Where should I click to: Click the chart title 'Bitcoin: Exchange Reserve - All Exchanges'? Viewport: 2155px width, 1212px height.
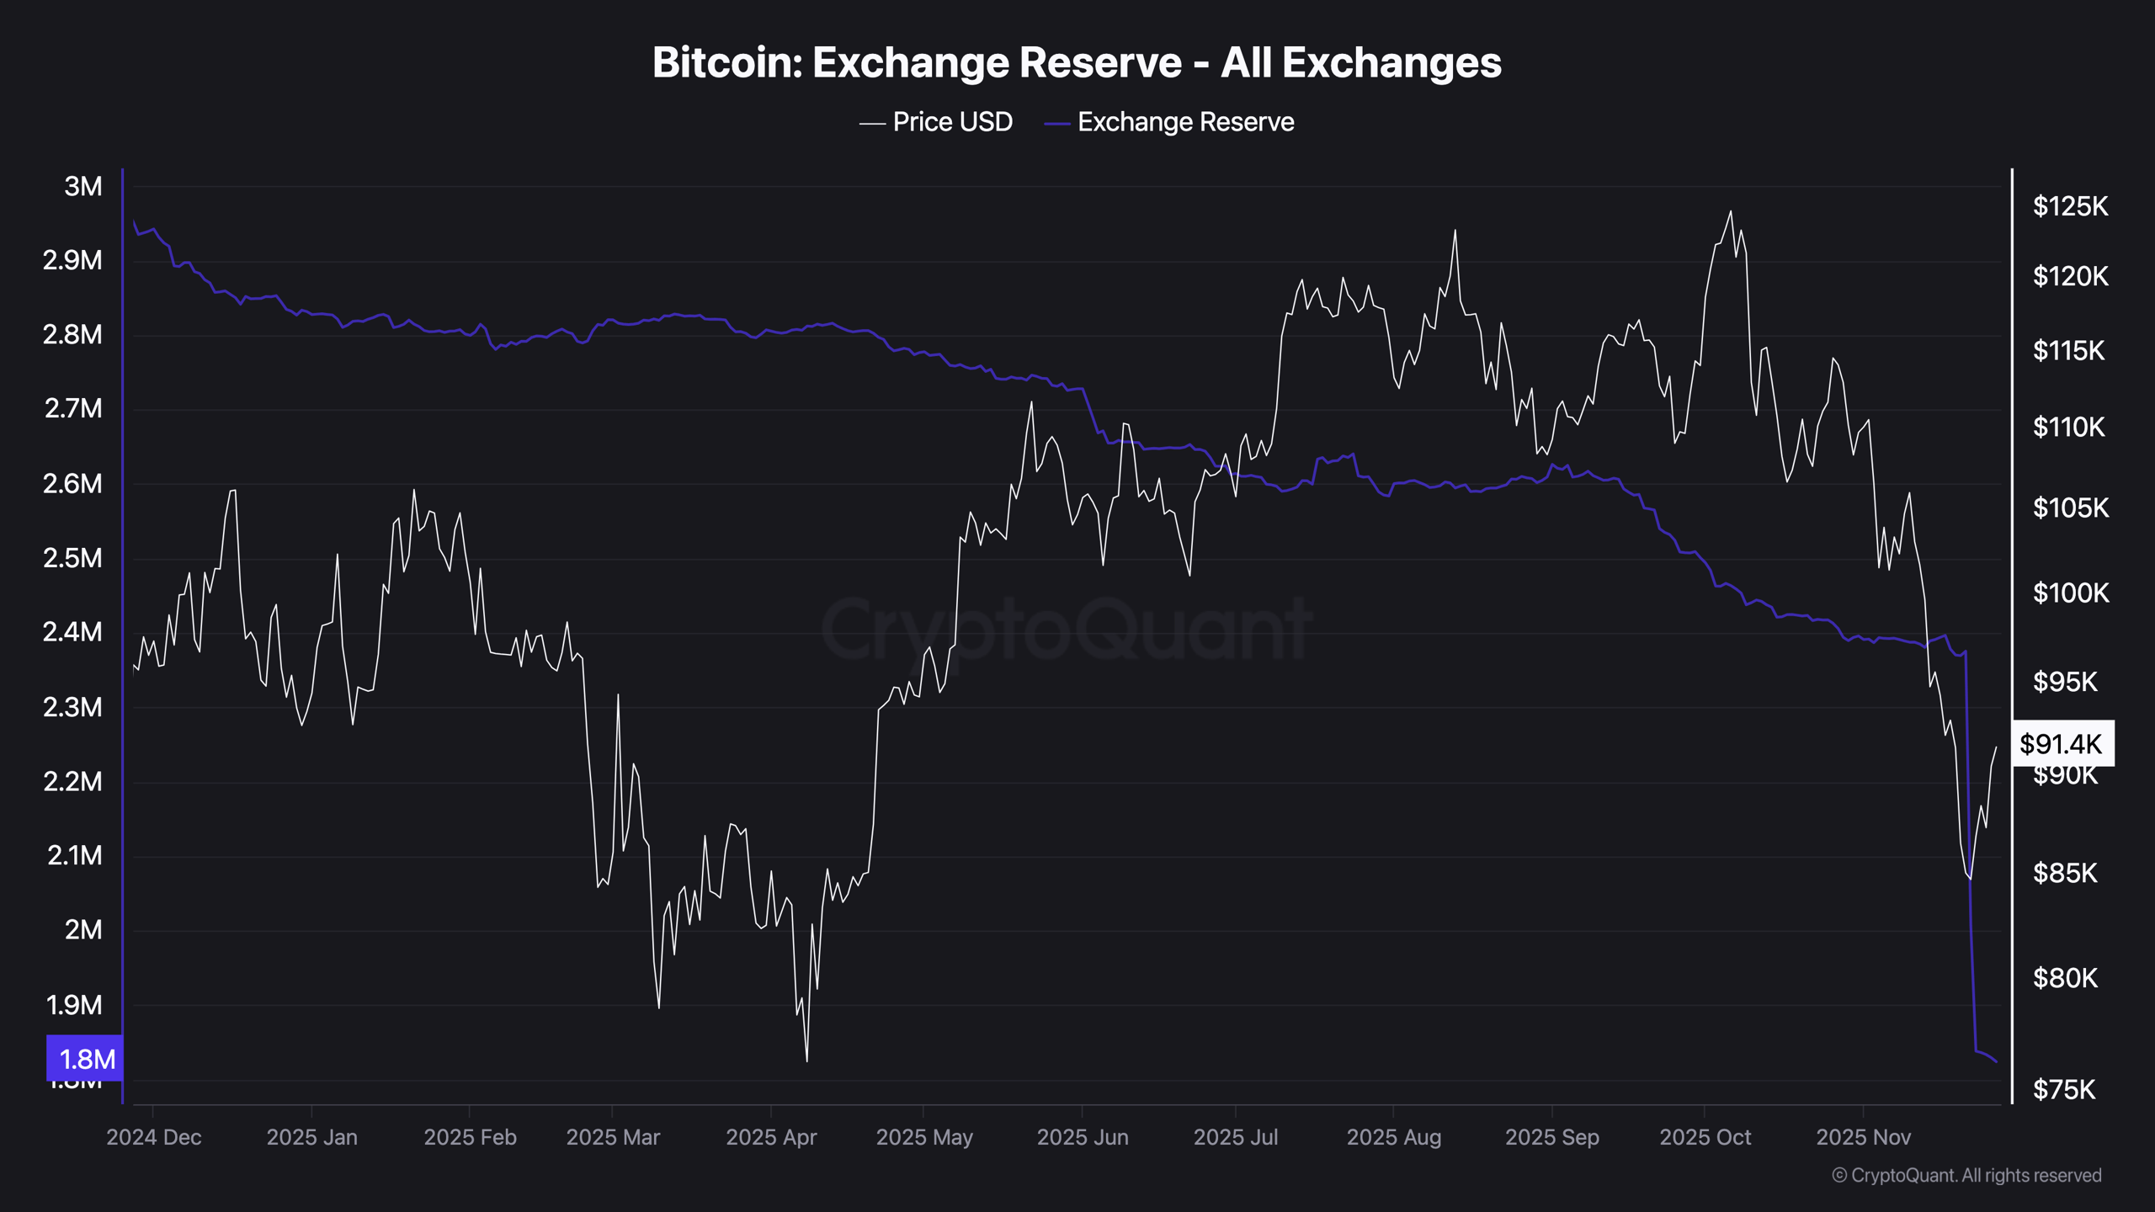coord(1077,62)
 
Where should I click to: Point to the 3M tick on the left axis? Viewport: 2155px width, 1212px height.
coord(82,187)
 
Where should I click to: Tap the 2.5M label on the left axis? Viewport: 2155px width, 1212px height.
coord(72,558)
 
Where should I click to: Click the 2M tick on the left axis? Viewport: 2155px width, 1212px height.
coord(82,930)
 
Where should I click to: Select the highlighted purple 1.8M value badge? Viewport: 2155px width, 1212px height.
coord(85,1059)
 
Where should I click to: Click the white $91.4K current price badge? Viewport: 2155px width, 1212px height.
coord(2061,744)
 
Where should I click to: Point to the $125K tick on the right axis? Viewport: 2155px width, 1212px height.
coord(2070,206)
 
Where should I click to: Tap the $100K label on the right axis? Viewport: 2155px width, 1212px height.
coord(2070,593)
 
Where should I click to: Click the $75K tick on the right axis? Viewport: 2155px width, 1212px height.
coord(2063,1090)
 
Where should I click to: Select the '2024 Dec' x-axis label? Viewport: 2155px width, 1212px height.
coord(154,1137)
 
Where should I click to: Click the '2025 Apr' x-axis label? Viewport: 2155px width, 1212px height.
coord(771,1137)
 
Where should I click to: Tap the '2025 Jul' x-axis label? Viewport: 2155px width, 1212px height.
coord(1235,1137)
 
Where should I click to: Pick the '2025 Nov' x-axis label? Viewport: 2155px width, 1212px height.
coord(1863,1137)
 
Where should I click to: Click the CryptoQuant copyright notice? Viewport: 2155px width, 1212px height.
coord(1966,1175)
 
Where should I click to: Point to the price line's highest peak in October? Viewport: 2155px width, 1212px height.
coord(1731,211)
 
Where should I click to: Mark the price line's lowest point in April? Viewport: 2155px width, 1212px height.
coord(806,1060)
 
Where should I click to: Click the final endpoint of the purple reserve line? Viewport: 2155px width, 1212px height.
coord(1997,1062)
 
